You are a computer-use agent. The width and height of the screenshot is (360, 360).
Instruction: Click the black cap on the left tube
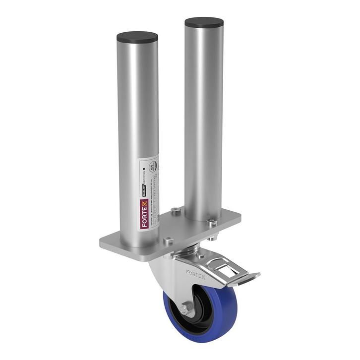tap(137, 37)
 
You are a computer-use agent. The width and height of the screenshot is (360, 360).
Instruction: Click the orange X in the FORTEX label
tap(144, 203)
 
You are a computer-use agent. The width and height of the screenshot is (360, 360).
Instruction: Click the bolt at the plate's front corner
tap(168, 241)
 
